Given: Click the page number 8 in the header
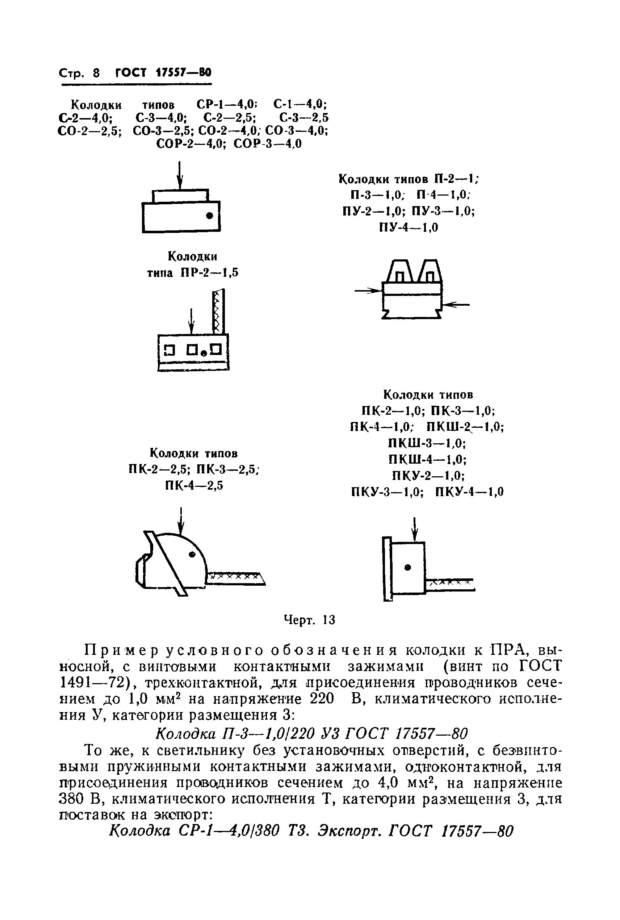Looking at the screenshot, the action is click(96, 73).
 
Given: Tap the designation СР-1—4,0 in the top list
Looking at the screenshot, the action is click(227, 105).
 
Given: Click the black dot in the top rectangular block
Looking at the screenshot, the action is click(210, 216).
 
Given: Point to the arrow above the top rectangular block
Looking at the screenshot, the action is click(180, 176).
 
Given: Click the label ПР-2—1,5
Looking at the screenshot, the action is click(210, 273).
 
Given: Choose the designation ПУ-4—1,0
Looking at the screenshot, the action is click(409, 228).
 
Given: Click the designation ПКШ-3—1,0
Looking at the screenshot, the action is click(427, 443).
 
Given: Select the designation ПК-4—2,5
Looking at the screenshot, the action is click(194, 485).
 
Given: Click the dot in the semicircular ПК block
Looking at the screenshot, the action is click(193, 555).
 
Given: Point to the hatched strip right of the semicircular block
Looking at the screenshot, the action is click(236, 577).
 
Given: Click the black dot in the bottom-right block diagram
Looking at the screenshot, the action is click(408, 567).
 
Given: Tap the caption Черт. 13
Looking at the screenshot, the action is click(310, 620).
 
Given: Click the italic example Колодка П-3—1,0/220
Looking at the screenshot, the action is click(235, 733).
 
